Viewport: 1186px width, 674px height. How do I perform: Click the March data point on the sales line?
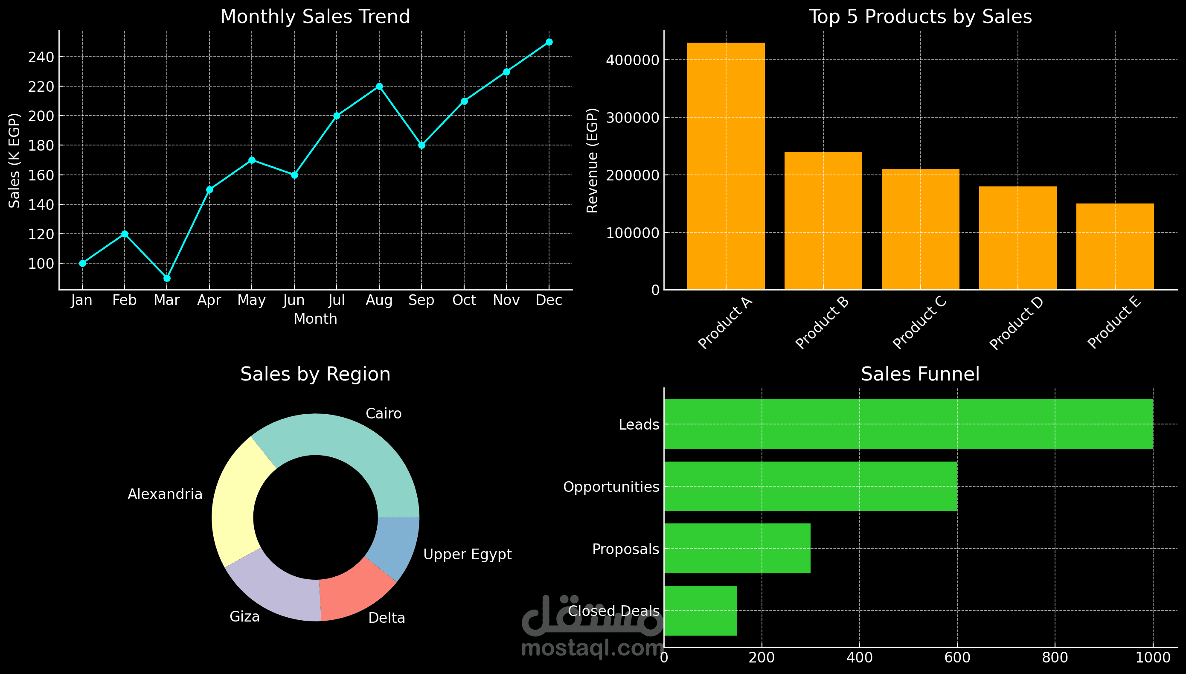(167, 278)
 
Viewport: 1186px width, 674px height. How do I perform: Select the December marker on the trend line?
(549, 42)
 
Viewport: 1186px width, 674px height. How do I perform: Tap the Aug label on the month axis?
(379, 301)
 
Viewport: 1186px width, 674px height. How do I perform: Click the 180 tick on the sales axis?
(41, 145)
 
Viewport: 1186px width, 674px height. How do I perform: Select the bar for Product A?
(726, 166)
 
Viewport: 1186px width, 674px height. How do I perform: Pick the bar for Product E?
(1115, 246)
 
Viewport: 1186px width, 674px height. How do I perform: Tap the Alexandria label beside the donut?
(165, 494)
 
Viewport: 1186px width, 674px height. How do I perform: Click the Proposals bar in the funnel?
(737, 549)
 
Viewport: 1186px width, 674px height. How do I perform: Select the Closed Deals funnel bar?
(701, 610)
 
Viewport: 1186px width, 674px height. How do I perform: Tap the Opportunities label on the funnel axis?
(611, 487)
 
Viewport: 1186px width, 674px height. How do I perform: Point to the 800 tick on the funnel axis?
(1055, 658)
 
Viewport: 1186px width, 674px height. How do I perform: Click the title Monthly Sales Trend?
(315, 17)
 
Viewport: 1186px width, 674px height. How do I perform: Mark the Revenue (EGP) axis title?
(592, 161)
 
